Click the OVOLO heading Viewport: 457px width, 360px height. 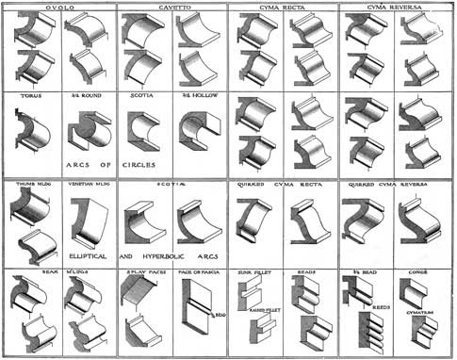[x=58, y=8]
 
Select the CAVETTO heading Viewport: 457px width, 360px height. [x=171, y=8]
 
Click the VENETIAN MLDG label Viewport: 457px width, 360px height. [x=88, y=185]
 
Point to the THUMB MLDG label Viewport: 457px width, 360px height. [x=31, y=185]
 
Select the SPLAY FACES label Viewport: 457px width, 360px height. [x=144, y=273]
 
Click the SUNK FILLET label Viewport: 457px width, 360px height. [x=254, y=273]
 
